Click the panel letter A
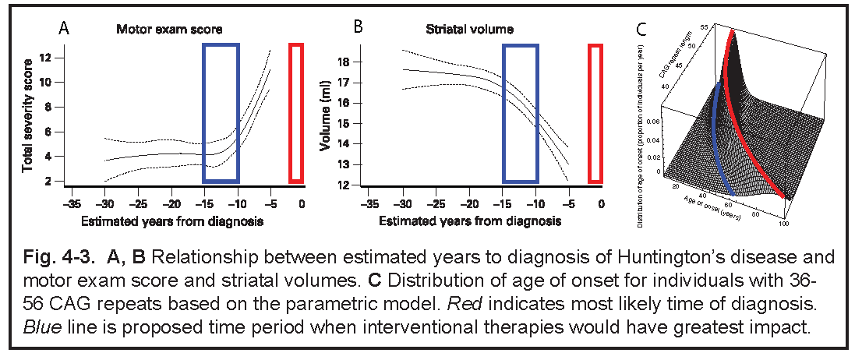[64, 29]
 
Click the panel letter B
[358, 28]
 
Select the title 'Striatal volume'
[458, 30]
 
